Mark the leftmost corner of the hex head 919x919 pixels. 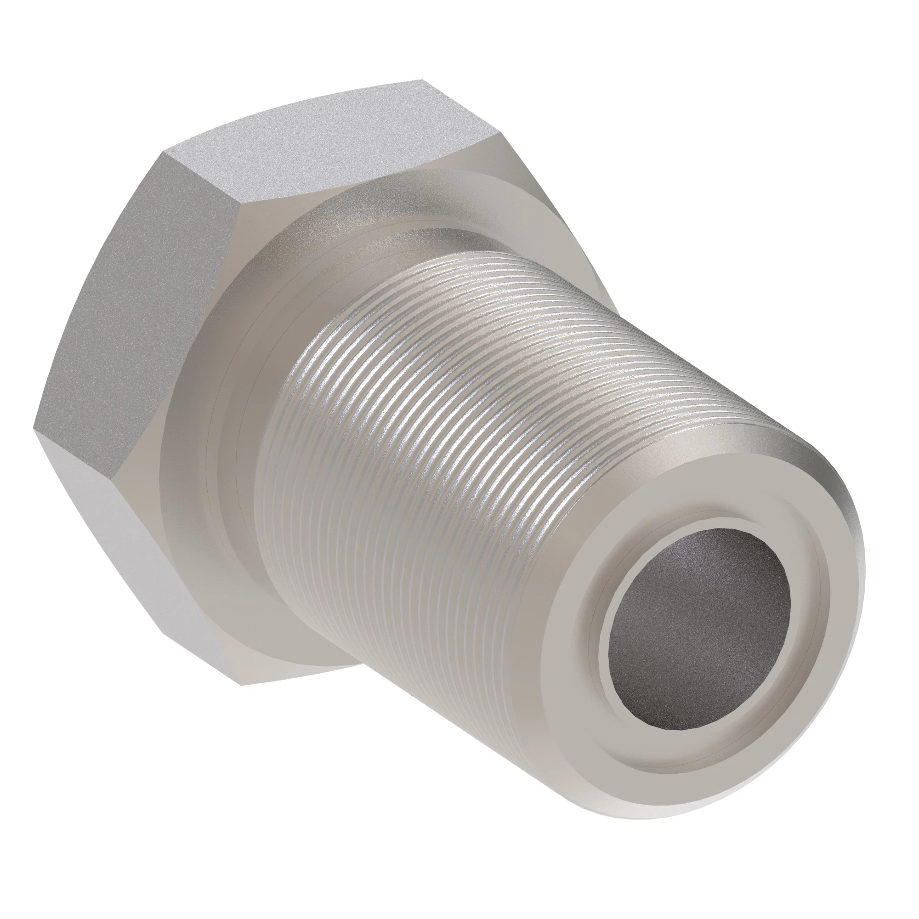coord(34,427)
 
